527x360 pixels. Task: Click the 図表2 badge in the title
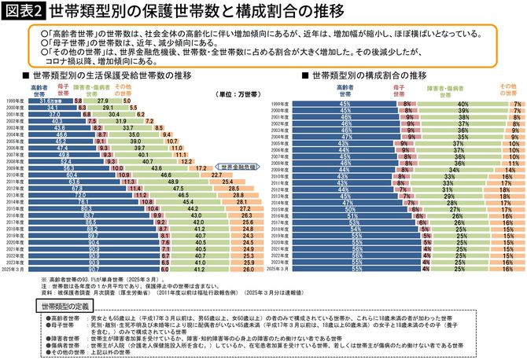click(x=23, y=11)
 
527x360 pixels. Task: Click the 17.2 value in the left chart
click(x=201, y=167)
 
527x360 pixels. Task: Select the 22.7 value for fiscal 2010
click(x=215, y=174)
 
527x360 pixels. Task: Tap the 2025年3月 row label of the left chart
click(x=15, y=270)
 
